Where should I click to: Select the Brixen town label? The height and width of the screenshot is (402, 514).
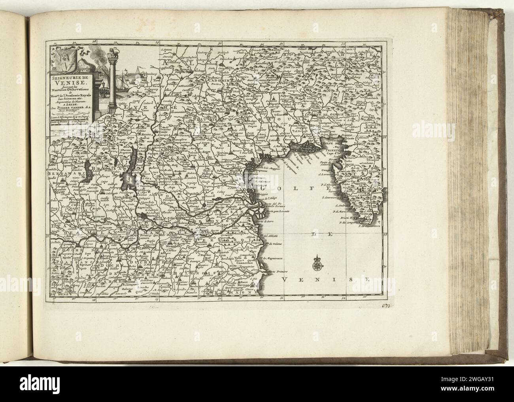[x=185, y=69]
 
